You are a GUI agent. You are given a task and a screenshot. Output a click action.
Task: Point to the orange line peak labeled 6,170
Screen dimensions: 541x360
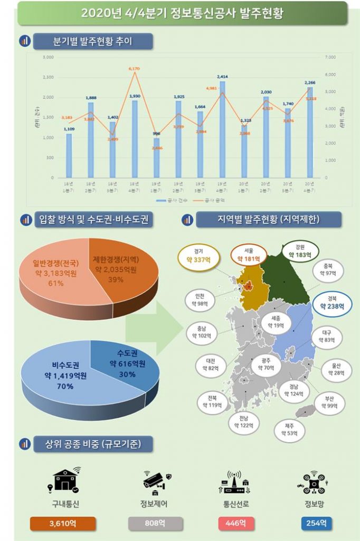(134, 73)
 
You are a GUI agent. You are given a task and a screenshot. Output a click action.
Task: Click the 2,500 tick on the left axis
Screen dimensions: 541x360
(48, 77)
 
